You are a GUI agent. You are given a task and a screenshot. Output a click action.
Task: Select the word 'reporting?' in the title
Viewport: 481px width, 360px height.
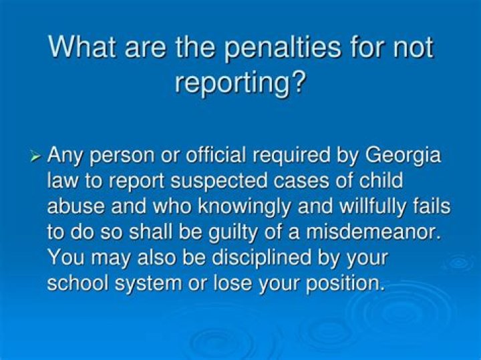[x=241, y=83]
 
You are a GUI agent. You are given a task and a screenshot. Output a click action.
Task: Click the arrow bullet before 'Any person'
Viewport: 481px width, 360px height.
[x=37, y=157]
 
